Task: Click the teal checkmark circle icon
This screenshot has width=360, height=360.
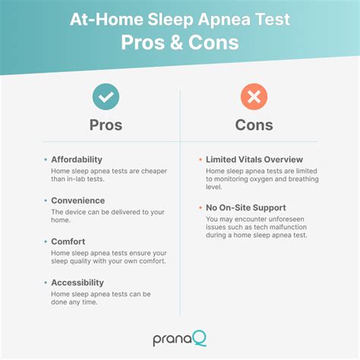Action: pos(106,96)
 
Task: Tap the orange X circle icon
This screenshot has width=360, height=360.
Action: pos(254,96)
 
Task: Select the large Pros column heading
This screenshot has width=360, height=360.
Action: pos(106,125)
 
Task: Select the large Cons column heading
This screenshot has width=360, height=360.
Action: pos(254,125)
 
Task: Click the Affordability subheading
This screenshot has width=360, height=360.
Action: pos(77,159)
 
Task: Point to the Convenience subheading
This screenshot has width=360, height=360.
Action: pos(78,201)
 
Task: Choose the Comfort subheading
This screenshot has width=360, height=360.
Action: pos(68,242)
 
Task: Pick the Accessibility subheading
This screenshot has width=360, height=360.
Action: pos(77,283)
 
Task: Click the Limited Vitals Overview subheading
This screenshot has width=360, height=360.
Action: pos(254,159)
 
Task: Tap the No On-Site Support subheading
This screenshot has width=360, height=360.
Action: pos(246,207)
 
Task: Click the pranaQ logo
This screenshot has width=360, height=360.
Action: pos(180,338)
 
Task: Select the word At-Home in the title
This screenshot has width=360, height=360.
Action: pos(106,19)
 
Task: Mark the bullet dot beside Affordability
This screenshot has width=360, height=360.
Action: pos(46,159)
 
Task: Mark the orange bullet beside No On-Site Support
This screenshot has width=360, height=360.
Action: pos(201,207)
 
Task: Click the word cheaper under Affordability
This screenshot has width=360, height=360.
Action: pos(154,172)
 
